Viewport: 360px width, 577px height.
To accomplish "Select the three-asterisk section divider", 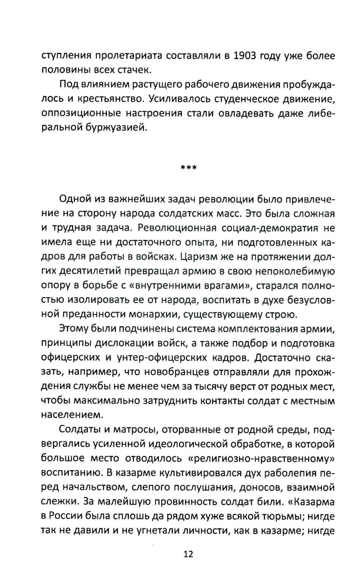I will click(188, 167).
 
